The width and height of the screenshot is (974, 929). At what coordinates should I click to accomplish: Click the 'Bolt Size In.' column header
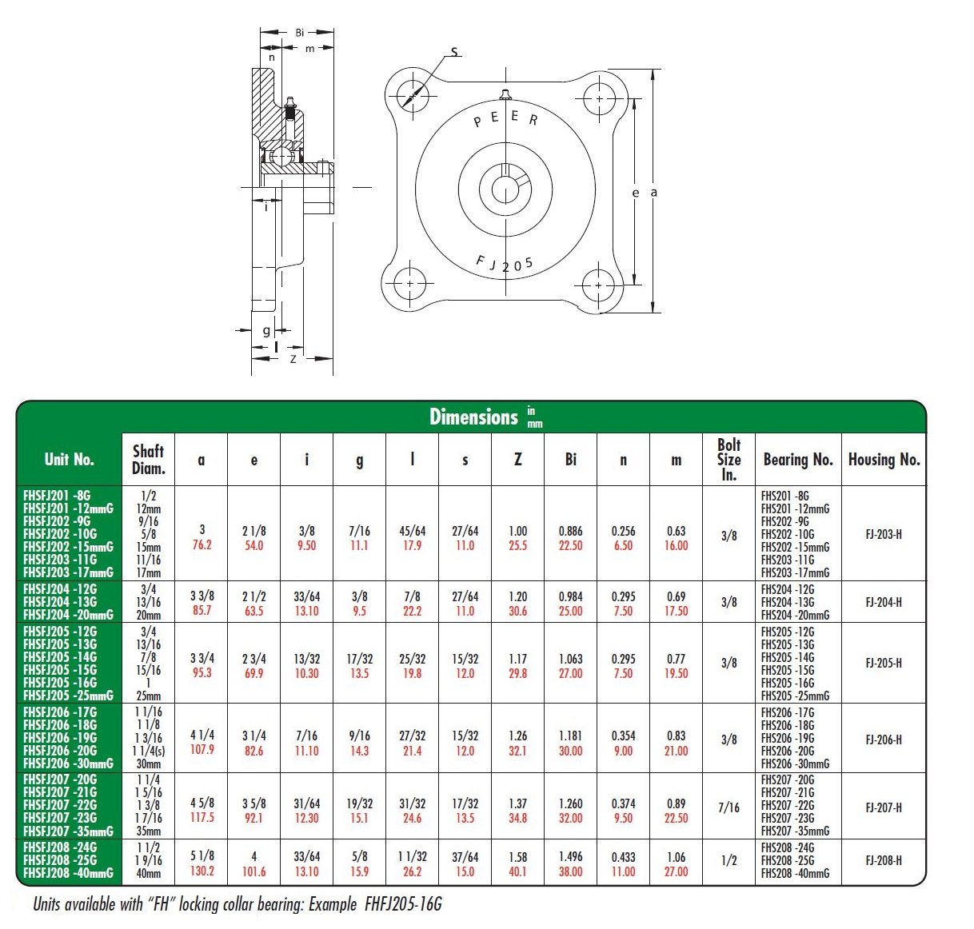coord(729,459)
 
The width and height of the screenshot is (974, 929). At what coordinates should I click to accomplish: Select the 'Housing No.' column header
coord(884,460)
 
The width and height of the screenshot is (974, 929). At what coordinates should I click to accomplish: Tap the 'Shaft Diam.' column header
coord(148,460)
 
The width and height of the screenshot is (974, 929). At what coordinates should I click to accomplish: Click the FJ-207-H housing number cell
coord(884,807)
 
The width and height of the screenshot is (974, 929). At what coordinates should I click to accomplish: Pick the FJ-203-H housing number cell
coord(884,534)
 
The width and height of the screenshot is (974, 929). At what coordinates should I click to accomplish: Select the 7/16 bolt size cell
coord(729,807)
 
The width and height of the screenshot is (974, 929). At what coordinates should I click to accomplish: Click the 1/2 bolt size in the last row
coord(729,860)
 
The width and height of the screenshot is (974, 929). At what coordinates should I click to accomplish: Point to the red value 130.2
coord(202,871)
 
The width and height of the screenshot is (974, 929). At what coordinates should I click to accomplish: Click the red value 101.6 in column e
coord(253,871)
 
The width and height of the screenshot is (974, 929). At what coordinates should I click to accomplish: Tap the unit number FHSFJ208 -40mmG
coord(69,873)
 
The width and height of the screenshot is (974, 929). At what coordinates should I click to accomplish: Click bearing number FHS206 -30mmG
coord(795,764)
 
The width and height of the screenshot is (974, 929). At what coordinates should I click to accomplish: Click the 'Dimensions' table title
coord(473,417)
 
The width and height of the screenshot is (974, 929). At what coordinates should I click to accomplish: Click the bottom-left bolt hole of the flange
coord(410,284)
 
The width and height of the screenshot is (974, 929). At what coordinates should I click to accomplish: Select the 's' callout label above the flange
coord(454,53)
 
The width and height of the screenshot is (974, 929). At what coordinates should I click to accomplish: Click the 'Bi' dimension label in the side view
coord(300,33)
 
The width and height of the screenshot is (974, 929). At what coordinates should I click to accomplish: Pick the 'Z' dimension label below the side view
coord(293,359)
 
